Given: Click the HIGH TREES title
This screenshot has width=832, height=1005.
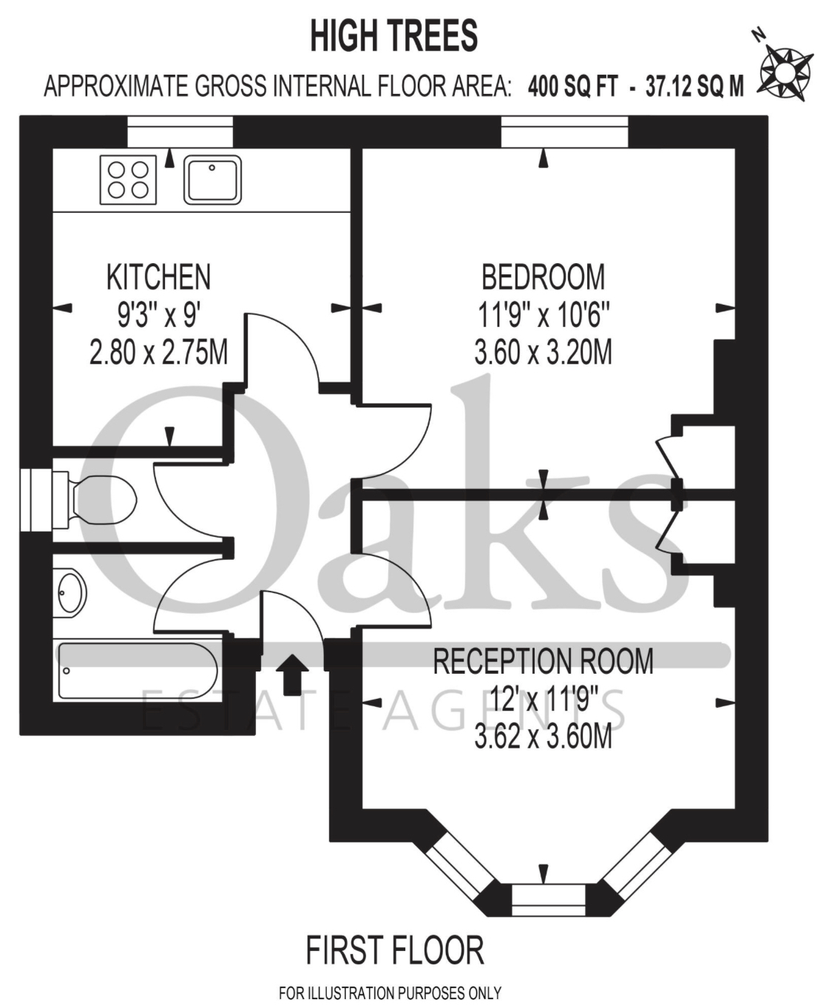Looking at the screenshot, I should click(393, 36).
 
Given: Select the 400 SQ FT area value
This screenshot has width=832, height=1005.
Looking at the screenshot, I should click(572, 87).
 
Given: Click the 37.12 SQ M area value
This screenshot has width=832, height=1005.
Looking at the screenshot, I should click(694, 87).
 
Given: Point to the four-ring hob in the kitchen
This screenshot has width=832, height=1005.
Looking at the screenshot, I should click(128, 180).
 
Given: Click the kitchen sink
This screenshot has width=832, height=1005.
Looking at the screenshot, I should click(212, 180).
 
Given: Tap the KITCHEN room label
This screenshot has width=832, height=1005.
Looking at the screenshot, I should click(158, 277).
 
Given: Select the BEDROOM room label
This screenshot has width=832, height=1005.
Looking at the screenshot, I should click(543, 277).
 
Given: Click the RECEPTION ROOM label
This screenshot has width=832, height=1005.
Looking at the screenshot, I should click(543, 661).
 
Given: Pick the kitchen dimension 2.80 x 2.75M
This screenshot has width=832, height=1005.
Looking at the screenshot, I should click(158, 352).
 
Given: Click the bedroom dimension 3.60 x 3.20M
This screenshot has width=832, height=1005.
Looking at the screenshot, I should click(543, 352).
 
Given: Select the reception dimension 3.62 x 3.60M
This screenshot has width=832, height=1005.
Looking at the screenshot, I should click(543, 737).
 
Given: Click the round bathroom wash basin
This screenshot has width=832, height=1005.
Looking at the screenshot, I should click(71, 592).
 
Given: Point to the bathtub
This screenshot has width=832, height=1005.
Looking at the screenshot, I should click(137, 671).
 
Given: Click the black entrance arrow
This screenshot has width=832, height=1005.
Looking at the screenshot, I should click(292, 673).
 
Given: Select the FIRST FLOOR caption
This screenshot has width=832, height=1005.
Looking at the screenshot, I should click(394, 950).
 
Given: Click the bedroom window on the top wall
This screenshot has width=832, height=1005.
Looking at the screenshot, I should click(564, 132).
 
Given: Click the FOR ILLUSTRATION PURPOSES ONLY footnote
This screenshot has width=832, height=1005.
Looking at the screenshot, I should click(390, 992).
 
